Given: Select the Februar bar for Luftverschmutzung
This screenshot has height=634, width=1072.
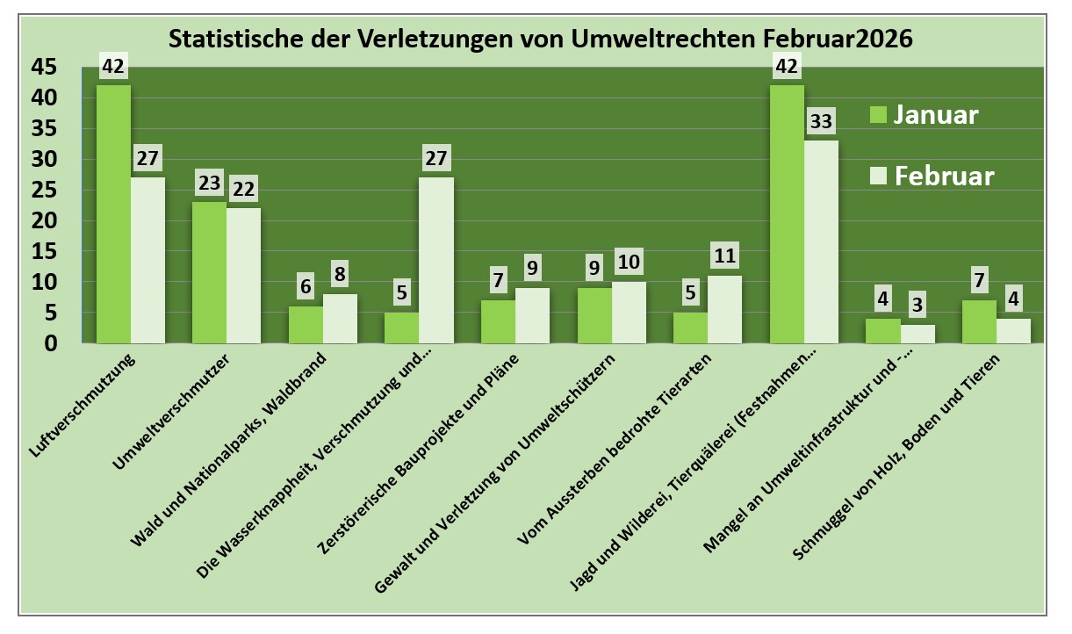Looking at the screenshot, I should click(x=147, y=260).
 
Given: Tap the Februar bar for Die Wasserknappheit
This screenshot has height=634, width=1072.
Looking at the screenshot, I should click(x=436, y=260).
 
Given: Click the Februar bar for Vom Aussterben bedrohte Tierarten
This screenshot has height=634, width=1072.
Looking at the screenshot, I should click(x=725, y=309).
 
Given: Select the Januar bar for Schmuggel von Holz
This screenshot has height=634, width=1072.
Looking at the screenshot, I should click(x=979, y=321).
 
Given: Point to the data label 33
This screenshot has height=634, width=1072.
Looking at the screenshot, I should click(x=822, y=120).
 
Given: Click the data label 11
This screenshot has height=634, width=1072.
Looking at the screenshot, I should click(x=725, y=256).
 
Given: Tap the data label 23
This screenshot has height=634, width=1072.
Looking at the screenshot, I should click(x=210, y=183).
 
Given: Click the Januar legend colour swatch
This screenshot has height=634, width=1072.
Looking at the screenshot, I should click(x=878, y=115).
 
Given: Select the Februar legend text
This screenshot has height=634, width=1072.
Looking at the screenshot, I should click(x=945, y=176).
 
